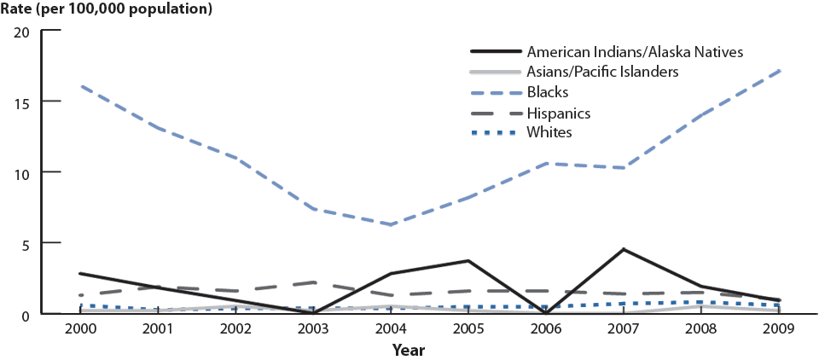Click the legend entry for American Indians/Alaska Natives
pyautogui.click(x=635, y=51)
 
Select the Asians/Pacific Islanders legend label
pyautogui.click(x=602, y=72)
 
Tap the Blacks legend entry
pyautogui.click(x=547, y=92)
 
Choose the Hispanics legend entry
pyautogui.click(x=559, y=113)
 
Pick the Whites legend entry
pyautogui.click(x=549, y=133)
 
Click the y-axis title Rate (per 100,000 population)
pyautogui.click(x=107, y=10)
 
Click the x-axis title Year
pyautogui.click(x=409, y=350)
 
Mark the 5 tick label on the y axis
pyautogui.click(x=26, y=244)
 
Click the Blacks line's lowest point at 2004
pyautogui.click(x=391, y=224)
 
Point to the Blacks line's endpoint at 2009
pyautogui.click(x=779, y=71)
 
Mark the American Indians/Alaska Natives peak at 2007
pyautogui.click(x=624, y=249)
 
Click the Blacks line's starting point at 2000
pyautogui.click(x=80, y=86)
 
